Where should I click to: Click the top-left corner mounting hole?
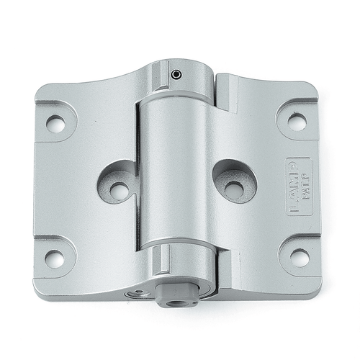click(55, 123)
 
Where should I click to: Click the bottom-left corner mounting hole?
click(55, 258)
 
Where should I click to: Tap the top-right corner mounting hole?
click(297, 122)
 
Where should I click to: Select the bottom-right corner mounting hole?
click(300, 257)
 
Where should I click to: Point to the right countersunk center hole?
click(233, 189)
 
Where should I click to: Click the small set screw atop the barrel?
click(176, 73)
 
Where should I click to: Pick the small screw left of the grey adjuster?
click(138, 294)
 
